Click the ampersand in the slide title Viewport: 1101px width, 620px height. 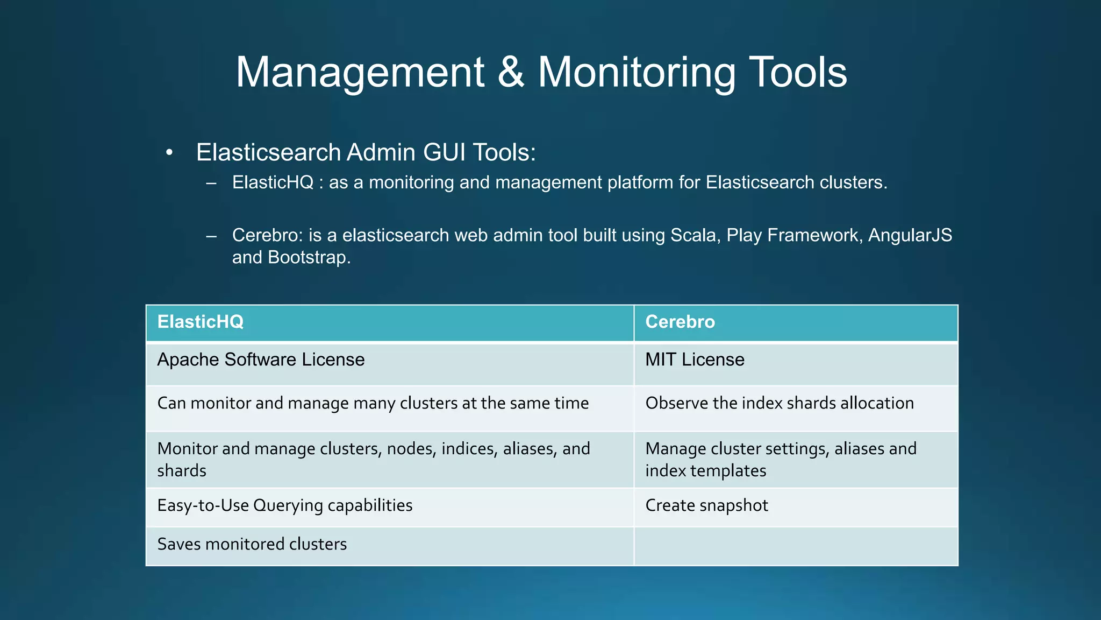pos(511,73)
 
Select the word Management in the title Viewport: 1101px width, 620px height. pos(360,73)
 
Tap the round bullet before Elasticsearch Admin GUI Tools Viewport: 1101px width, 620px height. pos(169,153)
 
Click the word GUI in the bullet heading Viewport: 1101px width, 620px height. pos(444,152)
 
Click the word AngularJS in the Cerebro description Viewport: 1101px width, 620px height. pos(910,235)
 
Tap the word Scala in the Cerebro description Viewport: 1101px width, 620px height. pos(695,235)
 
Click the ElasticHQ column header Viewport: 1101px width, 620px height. pos(200,322)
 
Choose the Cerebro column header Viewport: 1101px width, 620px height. pos(680,322)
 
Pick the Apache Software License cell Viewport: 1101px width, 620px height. pos(261,360)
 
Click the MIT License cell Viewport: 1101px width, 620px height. pos(695,360)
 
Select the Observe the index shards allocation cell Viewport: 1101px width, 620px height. pos(780,403)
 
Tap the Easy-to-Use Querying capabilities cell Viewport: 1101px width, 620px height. pos(285,505)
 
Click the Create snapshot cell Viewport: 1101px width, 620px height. pos(706,505)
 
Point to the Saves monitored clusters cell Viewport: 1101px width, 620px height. pos(252,544)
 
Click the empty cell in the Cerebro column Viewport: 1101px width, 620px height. pos(796,546)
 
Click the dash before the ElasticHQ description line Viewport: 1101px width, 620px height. pos(211,183)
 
